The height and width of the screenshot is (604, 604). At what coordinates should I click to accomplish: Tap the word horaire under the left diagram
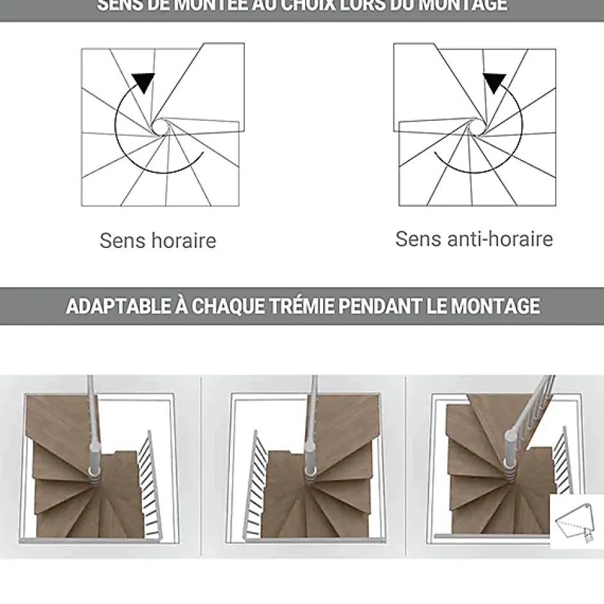point(184,241)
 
